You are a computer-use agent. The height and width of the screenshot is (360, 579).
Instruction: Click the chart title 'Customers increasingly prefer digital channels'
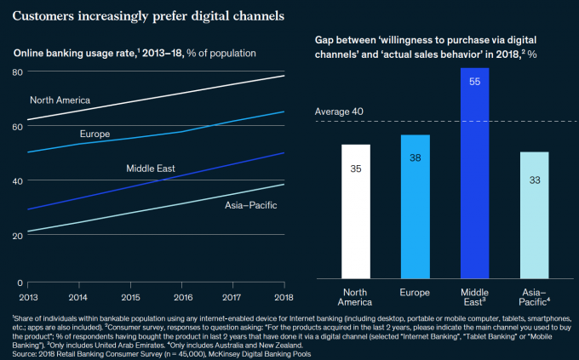(149, 16)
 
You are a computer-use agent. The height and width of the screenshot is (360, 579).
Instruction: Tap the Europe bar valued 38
(416, 206)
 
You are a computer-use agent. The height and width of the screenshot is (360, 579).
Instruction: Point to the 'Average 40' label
(339, 111)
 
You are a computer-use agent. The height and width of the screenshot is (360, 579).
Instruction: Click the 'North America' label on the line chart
(60, 100)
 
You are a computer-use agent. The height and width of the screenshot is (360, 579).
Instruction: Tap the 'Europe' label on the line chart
(95, 134)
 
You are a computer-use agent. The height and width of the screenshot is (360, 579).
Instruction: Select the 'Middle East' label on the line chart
(151, 169)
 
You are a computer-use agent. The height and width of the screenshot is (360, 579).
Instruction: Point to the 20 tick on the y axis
(17, 235)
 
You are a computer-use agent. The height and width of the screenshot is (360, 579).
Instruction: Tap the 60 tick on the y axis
(17, 126)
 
